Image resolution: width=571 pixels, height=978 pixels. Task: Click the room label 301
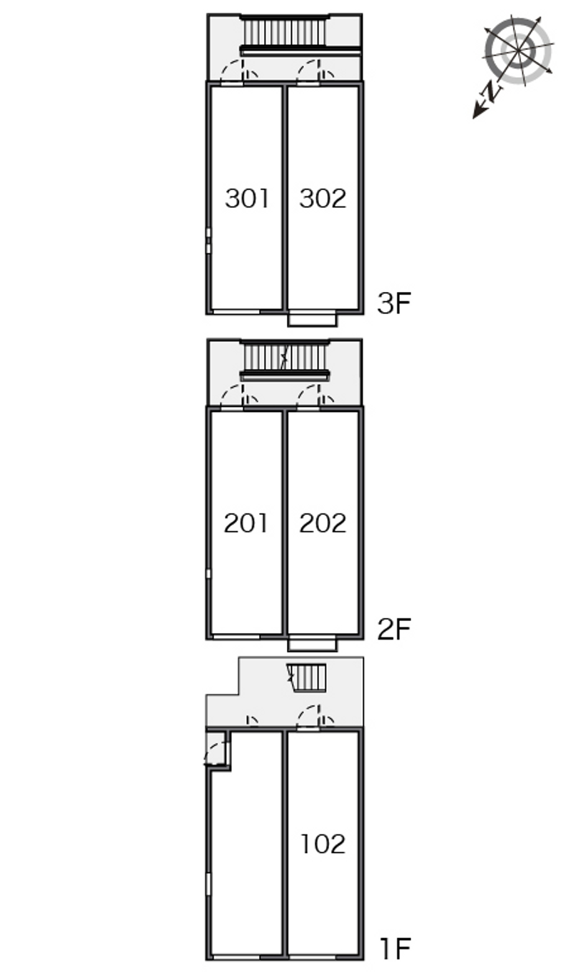pos(247,198)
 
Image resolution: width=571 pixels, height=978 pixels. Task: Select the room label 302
pos(323,198)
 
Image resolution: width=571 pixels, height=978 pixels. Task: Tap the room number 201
pos(246,524)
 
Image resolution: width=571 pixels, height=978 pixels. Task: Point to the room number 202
pos(323,524)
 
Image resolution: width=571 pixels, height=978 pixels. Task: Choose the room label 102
pos(323,845)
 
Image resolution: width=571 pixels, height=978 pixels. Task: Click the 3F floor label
pos(395,304)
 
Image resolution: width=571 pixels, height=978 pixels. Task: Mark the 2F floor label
pos(395,630)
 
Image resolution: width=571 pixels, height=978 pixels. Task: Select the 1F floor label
pos(395,949)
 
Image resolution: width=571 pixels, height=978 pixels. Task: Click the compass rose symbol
pos(518,50)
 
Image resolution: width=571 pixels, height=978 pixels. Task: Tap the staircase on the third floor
pos(285,32)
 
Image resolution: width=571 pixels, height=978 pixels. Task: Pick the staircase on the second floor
pos(285,357)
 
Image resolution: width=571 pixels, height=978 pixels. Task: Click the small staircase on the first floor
pos(307,677)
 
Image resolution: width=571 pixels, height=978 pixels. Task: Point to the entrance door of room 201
pos(232,398)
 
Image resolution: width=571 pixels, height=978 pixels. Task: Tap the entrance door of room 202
pos(308,398)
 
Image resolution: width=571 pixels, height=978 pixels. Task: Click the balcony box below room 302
pos(312,319)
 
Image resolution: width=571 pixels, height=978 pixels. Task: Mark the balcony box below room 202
pos(312,645)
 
